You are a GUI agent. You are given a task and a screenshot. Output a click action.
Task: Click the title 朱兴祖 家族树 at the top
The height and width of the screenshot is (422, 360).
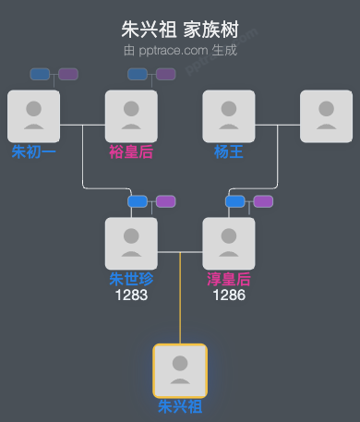(180, 30)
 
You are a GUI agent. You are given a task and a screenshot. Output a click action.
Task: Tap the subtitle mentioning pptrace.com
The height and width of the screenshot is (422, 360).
(180, 50)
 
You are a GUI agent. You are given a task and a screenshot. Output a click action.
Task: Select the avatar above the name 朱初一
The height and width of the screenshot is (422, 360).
(33, 116)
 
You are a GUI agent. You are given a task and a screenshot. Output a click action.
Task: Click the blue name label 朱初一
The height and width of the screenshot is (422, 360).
(34, 151)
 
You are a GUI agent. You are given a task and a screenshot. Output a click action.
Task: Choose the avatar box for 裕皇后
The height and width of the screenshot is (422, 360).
(131, 116)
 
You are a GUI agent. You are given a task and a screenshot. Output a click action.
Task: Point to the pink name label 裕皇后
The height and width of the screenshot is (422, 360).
(131, 151)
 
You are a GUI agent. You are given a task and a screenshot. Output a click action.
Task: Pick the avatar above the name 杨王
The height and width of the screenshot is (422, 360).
(229, 116)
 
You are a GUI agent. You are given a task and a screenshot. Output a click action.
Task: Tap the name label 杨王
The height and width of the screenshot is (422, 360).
(229, 151)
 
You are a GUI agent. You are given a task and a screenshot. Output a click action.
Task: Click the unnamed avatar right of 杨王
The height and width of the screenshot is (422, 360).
(326, 116)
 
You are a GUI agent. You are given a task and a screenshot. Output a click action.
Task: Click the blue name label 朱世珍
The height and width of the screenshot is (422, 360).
(131, 279)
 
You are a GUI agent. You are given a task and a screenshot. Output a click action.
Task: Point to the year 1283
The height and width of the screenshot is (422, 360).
(131, 295)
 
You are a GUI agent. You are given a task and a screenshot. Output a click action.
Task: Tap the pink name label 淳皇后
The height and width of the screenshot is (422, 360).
(229, 279)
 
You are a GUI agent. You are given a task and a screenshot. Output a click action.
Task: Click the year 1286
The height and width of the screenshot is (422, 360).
(229, 295)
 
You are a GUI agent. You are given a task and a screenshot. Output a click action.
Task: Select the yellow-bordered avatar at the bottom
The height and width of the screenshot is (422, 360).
(180, 370)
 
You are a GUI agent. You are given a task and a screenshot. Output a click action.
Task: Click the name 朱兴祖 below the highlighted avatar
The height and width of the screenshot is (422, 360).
(180, 406)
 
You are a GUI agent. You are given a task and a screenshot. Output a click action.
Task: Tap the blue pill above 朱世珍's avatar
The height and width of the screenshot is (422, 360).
(138, 201)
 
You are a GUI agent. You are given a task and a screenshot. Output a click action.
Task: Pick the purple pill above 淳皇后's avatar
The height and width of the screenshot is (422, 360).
(264, 201)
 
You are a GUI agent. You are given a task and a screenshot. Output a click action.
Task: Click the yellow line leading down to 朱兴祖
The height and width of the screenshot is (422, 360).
(180, 300)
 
